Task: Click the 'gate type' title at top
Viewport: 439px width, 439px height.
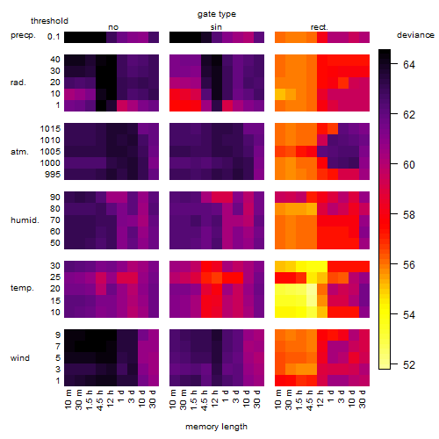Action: click(x=217, y=14)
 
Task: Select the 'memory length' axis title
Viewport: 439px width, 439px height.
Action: click(x=216, y=427)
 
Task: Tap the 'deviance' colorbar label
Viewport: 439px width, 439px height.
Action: click(x=415, y=35)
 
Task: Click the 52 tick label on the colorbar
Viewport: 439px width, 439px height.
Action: click(x=409, y=365)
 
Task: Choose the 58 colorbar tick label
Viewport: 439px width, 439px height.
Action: click(x=409, y=215)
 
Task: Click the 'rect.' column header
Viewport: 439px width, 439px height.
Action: click(x=320, y=27)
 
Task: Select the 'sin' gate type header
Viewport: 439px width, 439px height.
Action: click(x=216, y=27)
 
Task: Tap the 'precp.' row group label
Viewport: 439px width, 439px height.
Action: click(x=23, y=35)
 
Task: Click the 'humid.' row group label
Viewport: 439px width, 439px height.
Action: click(x=25, y=220)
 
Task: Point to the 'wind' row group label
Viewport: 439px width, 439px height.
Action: click(x=20, y=358)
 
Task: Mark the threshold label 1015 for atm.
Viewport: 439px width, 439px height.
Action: click(x=50, y=129)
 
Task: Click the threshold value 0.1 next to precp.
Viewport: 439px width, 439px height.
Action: click(x=54, y=37)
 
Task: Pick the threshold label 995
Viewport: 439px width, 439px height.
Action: click(x=53, y=175)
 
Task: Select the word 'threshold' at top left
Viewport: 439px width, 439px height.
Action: click(x=49, y=21)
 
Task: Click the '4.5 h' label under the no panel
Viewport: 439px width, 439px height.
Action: click(x=99, y=400)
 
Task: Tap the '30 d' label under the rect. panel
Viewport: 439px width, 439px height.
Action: click(x=363, y=399)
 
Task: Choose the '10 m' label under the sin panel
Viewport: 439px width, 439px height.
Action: click(x=173, y=399)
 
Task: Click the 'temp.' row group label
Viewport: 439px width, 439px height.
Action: click(x=22, y=288)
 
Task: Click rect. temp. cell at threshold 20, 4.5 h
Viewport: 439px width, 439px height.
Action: click(x=312, y=289)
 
